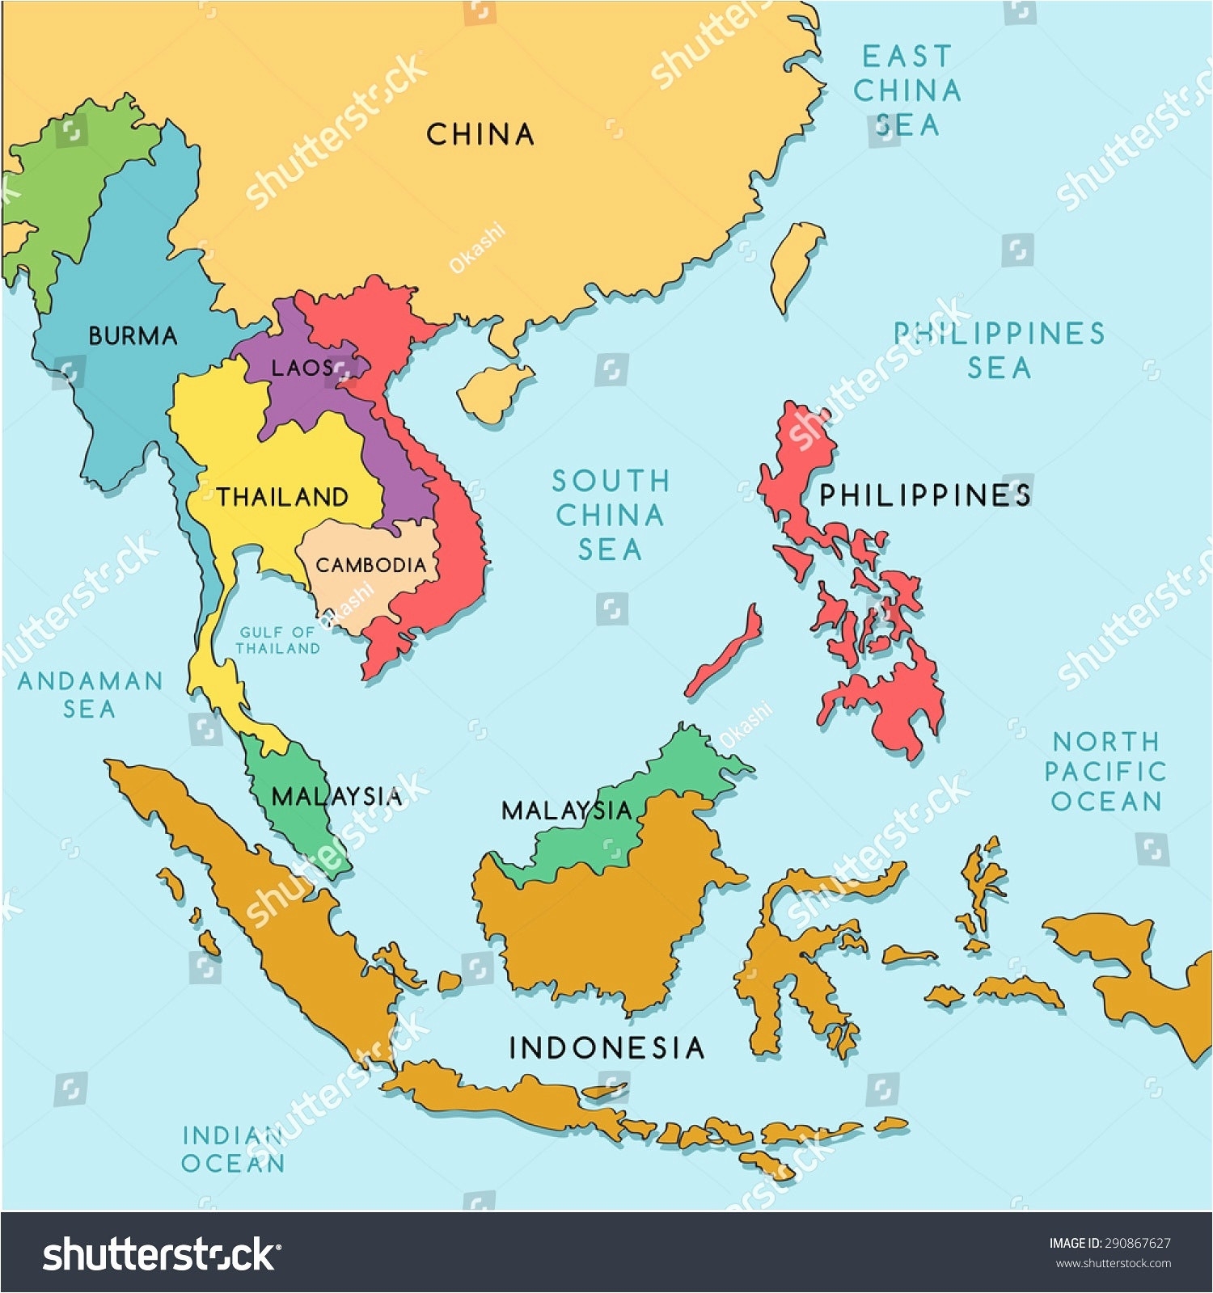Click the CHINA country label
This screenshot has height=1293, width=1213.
pyautogui.click(x=480, y=134)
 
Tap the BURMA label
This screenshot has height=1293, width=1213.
pyautogui.click(x=133, y=335)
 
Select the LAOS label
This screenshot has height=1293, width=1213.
pyautogui.click(x=302, y=369)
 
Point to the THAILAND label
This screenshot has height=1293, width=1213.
pyautogui.click(x=282, y=496)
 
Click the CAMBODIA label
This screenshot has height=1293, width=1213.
pyautogui.click(x=370, y=564)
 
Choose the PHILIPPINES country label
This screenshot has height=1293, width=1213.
pyautogui.click(x=925, y=495)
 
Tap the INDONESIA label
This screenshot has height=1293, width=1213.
pyautogui.click(x=606, y=1048)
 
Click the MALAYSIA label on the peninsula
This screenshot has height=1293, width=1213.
pyautogui.click(x=336, y=797)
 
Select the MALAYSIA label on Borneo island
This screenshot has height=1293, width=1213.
pyautogui.click(x=566, y=810)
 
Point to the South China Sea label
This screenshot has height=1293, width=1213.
pyautogui.click(x=611, y=515)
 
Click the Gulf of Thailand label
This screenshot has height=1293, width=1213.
pyautogui.click(x=277, y=640)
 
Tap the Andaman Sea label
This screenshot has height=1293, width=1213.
pyautogui.click(x=90, y=694)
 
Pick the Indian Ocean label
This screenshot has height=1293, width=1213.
pyautogui.click(x=233, y=1149)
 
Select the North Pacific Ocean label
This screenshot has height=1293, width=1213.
pyautogui.click(x=1105, y=771)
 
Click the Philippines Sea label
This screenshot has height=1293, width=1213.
pyautogui.click(x=999, y=350)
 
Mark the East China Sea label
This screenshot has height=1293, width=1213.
pyautogui.click(x=907, y=91)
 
